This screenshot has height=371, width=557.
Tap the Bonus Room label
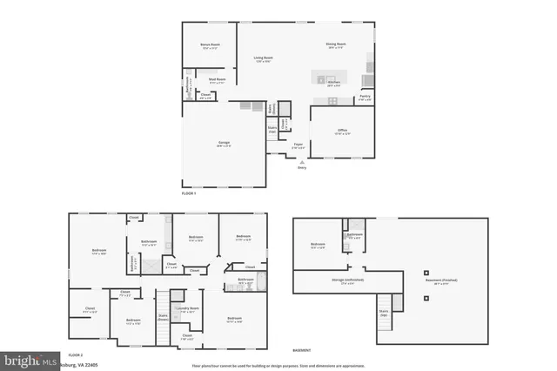[x=210, y=44]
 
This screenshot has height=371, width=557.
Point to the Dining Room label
[x=337, y=44]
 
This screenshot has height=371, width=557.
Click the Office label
[x=342, y=132]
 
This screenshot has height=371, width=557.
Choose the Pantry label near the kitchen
[x=365, y=98]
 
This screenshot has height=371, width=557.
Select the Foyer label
[x=298, y=145]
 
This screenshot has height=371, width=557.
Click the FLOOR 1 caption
[x=189, y=192]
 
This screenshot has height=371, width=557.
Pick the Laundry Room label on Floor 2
[x=185, y=308]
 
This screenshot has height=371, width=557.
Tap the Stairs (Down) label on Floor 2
[x=163, y=318]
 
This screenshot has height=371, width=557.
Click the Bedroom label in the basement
[x=317, y=246]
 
